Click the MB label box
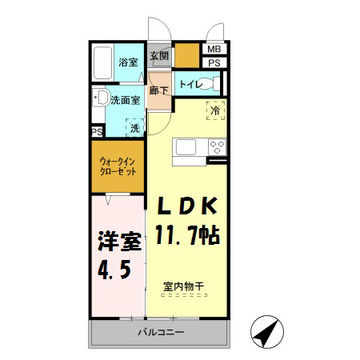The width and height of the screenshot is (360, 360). [214, 49]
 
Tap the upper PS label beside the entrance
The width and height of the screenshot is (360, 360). [214, 62]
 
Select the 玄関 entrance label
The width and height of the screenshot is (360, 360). [159, 56]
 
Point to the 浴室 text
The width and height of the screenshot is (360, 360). [128, 62]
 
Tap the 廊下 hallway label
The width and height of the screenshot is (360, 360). [158, 91]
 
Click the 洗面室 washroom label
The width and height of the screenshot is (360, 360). [125, 102]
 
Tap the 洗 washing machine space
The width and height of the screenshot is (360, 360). [135, 127]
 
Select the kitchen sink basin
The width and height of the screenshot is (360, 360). [186, 147]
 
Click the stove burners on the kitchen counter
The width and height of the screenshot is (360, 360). [216, 147]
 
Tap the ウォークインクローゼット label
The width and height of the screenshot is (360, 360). [118, 167]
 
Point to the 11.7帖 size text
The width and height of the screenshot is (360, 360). [189, 237]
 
